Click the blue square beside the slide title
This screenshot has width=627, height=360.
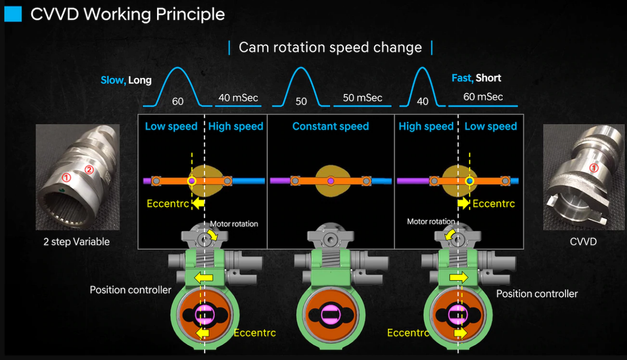[x=13, y=14]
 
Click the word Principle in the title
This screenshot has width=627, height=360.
[x=190, y=14]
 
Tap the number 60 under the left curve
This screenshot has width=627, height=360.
[x=178, y=102]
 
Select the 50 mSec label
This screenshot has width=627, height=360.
[x=363, y=98]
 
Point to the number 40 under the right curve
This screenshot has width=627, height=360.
[x=422, y=102]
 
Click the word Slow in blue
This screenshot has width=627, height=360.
[x=112, y=80]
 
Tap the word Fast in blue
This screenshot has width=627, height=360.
[x=462, y=78]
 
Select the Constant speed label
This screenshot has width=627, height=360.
[x=330, y=126]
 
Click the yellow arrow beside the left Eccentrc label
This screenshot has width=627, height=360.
[x=199, y=203]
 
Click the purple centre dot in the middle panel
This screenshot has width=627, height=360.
[x=331, y=181]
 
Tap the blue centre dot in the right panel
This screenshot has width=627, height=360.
[x=470, y=181]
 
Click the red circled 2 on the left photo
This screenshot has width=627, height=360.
[x=89, y=169]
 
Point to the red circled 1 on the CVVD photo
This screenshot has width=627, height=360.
[x=594, y=168]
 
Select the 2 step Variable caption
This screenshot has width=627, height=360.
[x=76, y=242]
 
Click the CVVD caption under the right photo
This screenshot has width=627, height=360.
[x=583, y=242]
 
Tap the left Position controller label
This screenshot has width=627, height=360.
[x=130, y=290]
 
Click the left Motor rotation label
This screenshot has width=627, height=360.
[x=234, y=224]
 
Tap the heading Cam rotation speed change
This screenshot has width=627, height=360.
[x=330, y=48]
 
